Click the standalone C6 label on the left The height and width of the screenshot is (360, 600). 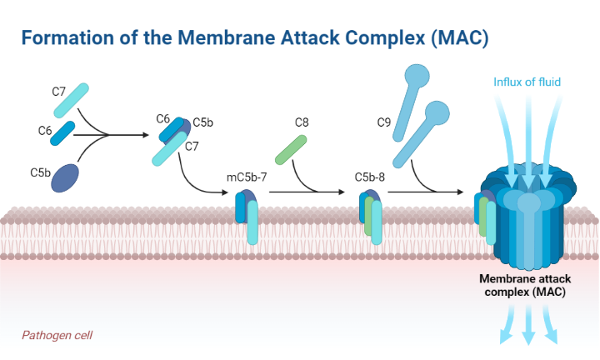[45, 131]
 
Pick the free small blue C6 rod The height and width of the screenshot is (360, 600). [62, 134]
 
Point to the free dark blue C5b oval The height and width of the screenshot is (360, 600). [67, 177]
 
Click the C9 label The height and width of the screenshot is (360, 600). [384, 122]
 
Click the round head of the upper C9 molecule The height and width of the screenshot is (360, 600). [417, 77]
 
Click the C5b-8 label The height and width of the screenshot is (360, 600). [369, 177]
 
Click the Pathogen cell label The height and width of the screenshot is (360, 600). [57, 335]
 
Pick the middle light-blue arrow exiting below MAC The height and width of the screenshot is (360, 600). [528, 332]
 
